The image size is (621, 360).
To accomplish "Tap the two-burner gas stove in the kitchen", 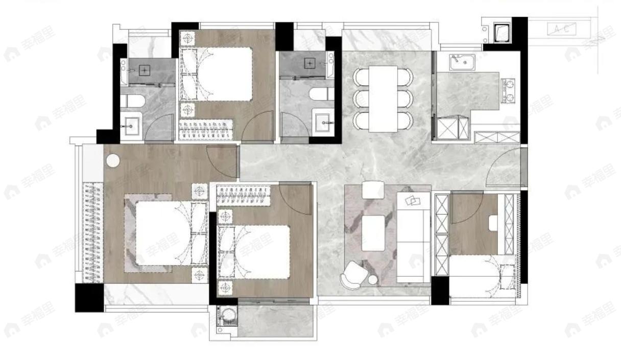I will [x=509, y=91].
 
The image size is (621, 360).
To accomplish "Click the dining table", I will [x=383, y=98].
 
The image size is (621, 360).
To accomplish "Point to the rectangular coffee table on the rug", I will [x=373, y=233].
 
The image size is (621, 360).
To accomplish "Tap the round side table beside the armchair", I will [x=373, y=279].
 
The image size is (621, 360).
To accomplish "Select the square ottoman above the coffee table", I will [x=372, y=190].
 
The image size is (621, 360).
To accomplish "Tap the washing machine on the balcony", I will [x=224, y=316].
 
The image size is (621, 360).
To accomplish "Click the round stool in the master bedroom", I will [x=112, y=160].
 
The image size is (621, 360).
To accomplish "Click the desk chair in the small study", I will [x=493, y=223].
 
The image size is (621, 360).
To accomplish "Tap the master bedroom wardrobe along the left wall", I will [x=92, y=232].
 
